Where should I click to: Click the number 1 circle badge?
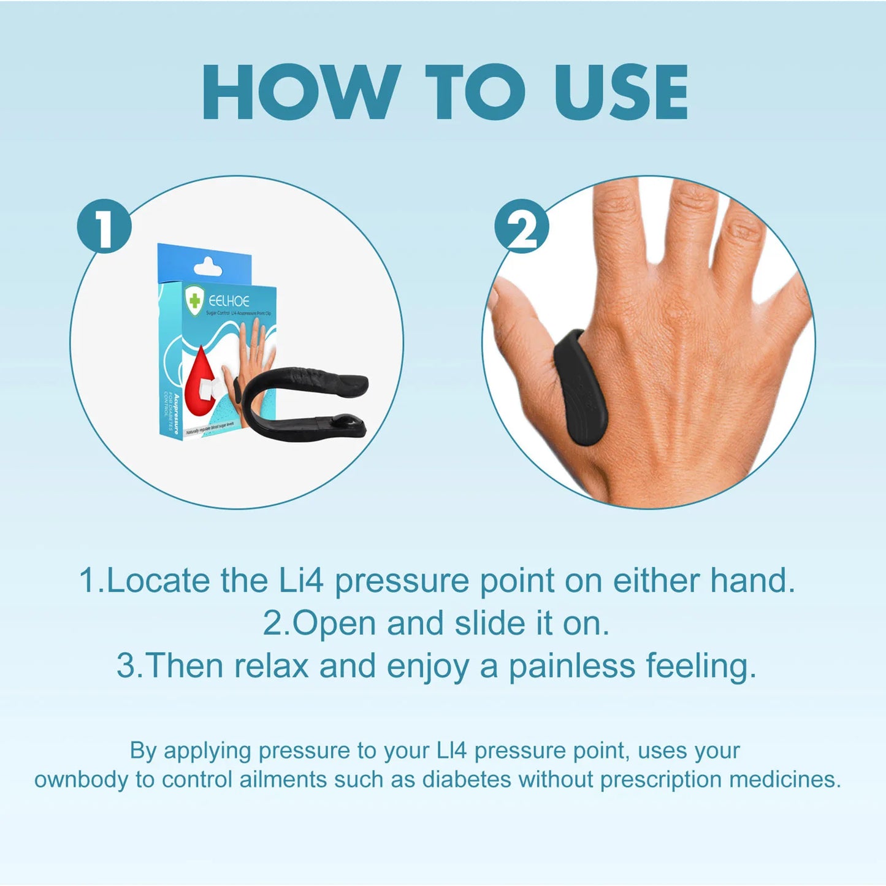coord(104,226)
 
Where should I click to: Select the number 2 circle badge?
coord(522,226)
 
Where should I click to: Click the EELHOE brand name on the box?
coord(229,301)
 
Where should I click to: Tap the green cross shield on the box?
coord(194,301)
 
